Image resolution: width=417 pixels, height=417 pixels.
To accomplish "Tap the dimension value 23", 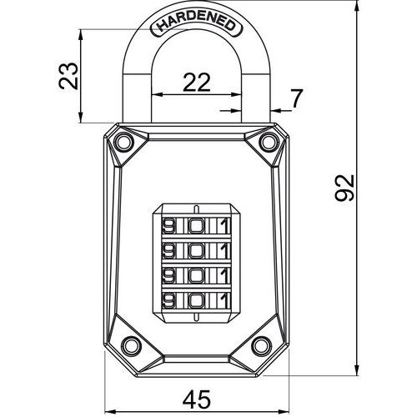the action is coord(68,76).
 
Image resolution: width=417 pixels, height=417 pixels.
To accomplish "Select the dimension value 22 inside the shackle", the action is coord(197,83).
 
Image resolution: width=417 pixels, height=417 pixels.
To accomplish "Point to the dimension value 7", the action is coord(296,98).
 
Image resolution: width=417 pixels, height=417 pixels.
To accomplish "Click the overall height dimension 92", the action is coord(344,188).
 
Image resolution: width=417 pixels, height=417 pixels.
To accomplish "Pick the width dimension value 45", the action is coord(197,399).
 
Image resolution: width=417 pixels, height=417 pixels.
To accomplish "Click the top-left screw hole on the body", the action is coord(123,142).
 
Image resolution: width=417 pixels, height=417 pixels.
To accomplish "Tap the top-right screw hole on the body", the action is coord(269,142).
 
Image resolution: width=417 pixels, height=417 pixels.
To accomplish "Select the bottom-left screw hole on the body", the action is coord(130,345).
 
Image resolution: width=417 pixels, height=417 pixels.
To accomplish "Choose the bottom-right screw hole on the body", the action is coord(261,345).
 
